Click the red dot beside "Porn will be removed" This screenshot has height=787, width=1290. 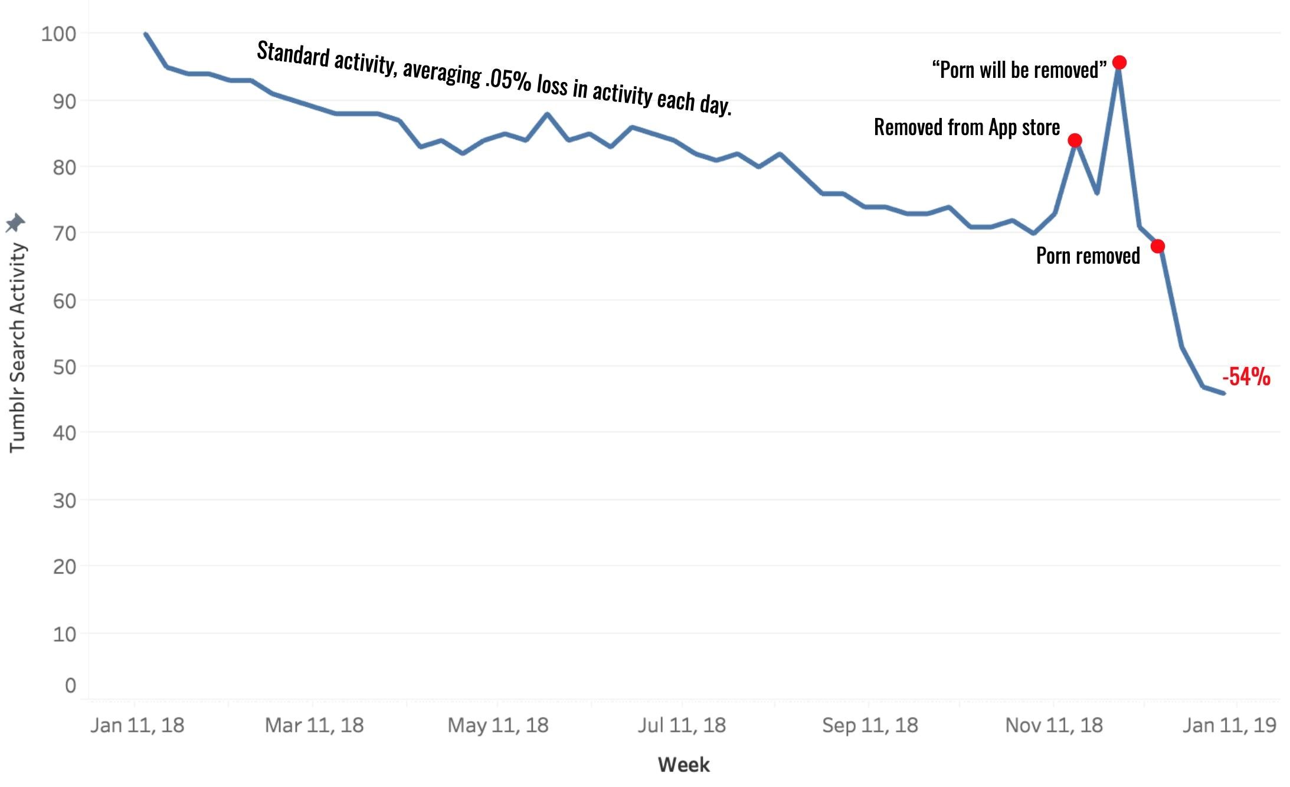[x=1119, y=63]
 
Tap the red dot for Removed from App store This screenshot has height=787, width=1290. [x=1075, y=140]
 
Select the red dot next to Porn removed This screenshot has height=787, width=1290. [x=1158, y=246]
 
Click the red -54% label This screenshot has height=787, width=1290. [x=1246, y=376]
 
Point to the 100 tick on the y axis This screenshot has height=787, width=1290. [x=58, y=34]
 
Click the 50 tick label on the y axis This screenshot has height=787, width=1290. [x=64, y=367]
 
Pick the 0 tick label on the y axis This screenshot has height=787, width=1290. [x=71, y=685]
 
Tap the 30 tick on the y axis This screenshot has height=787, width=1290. [x=64, y=500]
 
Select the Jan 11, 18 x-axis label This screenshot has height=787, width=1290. [x=137, y=725]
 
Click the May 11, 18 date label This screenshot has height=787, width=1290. [x=498, y=725]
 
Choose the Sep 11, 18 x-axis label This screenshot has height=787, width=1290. [x=870, y=725]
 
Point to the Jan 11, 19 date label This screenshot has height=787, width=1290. [x=1229, y=725]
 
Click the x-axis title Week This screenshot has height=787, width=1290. [x=683, y=765]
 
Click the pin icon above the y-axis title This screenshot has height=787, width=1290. [x=15, y=223]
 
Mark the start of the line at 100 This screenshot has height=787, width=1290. [x=145, y=34]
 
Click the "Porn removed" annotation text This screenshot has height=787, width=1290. [x=1088, y=255]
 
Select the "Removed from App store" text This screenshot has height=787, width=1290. [x=967, y=127]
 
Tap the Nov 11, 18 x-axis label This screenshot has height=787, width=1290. [x=1054, y=725]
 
